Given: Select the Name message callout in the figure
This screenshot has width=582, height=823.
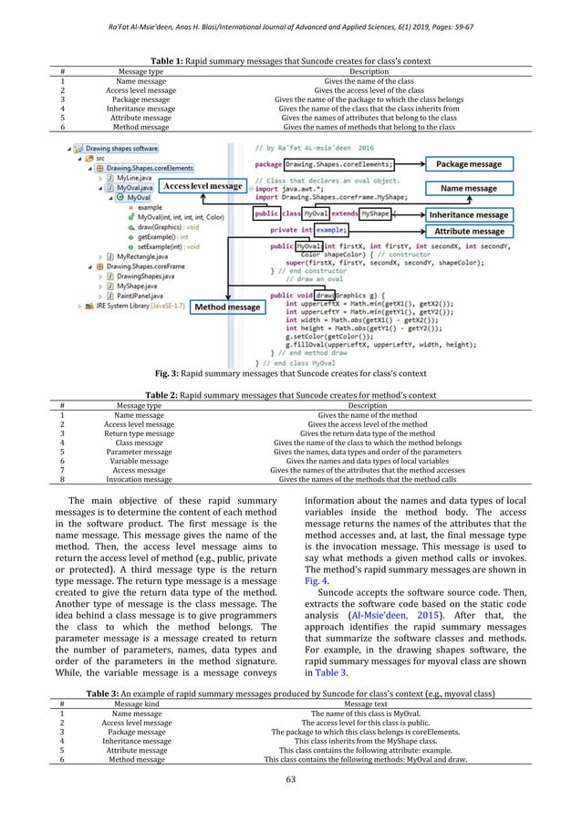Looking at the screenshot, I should (x=469, y=189).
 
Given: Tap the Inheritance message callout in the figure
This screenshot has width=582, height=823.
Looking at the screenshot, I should (x=469, y=214).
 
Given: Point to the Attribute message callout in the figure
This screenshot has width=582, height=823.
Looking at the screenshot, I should (x=469, y=232).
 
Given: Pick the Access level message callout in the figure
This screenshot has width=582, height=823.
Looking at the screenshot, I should (x=203, y=186).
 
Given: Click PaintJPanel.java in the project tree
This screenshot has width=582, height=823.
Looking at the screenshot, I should (x=116, y=296).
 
